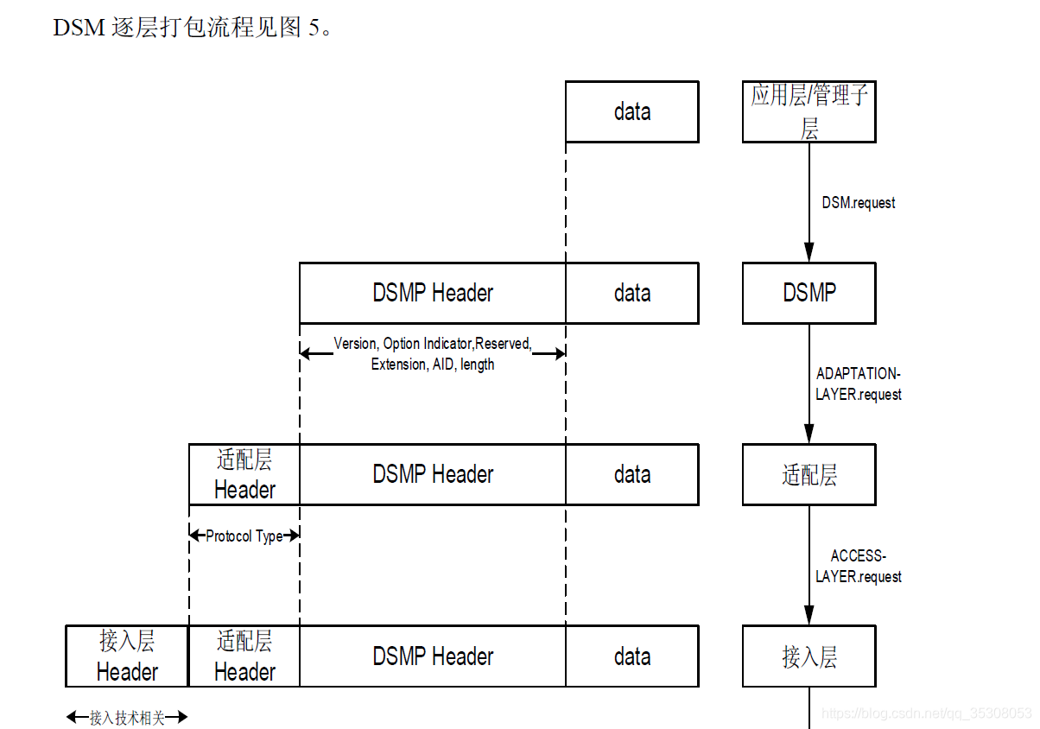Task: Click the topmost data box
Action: pyautogui.click(x=631, y=111)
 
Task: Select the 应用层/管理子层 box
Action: pyautogui.click(x=809, y=111)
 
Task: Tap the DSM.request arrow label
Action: pyautogui.click(x=858, y=203)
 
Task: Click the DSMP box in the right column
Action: pyautogui.click(x=809, y=293)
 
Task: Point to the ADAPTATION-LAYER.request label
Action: pyautogui.click(x=858, y=384)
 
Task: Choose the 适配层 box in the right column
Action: pyautogui.click(x=809, y=474)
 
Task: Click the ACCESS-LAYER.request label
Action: pyautogui.click(x=858, y=566)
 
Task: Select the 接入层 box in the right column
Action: pyautogui.click(x=809, y=656)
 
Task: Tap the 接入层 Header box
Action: pyautogui.click(x=127, y=656)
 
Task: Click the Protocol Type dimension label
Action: pyautogui.click(x=244, y=536)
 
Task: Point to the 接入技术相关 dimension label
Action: pyautogui.click(x=127, y=718)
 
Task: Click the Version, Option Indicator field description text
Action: pyautogui.click(x=433, y=354)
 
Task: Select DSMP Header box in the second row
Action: pyautogui.click(x=433, y=293)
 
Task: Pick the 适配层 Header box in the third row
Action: pyautogui.click(x=244, y=474)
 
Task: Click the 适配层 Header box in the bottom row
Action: pyautogui.click(x=244, y=656)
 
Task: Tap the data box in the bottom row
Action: pyautogui.click(x=631, y=656)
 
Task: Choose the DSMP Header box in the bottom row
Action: pyautogui.click(x=433, y=656)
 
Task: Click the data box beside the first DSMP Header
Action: pyautogui.click(x=631, y=293)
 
